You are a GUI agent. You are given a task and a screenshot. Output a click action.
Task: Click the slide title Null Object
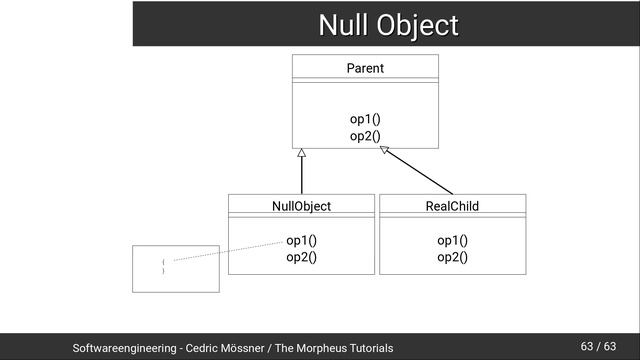tap(387, 24)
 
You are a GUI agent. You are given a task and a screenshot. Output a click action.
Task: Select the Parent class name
tap(365, 69)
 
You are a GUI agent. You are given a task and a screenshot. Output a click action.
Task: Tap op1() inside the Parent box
tap(365, 120)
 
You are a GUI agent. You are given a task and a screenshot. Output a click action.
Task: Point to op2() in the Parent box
tap(365, 136)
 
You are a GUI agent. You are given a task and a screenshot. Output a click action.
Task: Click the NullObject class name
tap(301, 206)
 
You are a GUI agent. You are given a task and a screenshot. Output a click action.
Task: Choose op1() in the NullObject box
tap(301, 240)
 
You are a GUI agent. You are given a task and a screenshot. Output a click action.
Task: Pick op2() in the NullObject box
tap(301, 257)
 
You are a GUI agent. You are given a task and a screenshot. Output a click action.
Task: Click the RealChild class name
tap(452, 206)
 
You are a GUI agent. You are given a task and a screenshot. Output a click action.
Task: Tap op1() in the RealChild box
tap(452, 240)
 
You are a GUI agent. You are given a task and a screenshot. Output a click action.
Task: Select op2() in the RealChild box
tap(452, 257)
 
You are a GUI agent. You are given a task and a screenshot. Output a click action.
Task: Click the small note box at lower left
tap(175, 268)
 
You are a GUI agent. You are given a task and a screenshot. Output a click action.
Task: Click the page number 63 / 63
tap(598, 347)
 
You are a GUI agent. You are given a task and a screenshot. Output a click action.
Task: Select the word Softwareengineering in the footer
tap(125, 348)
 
